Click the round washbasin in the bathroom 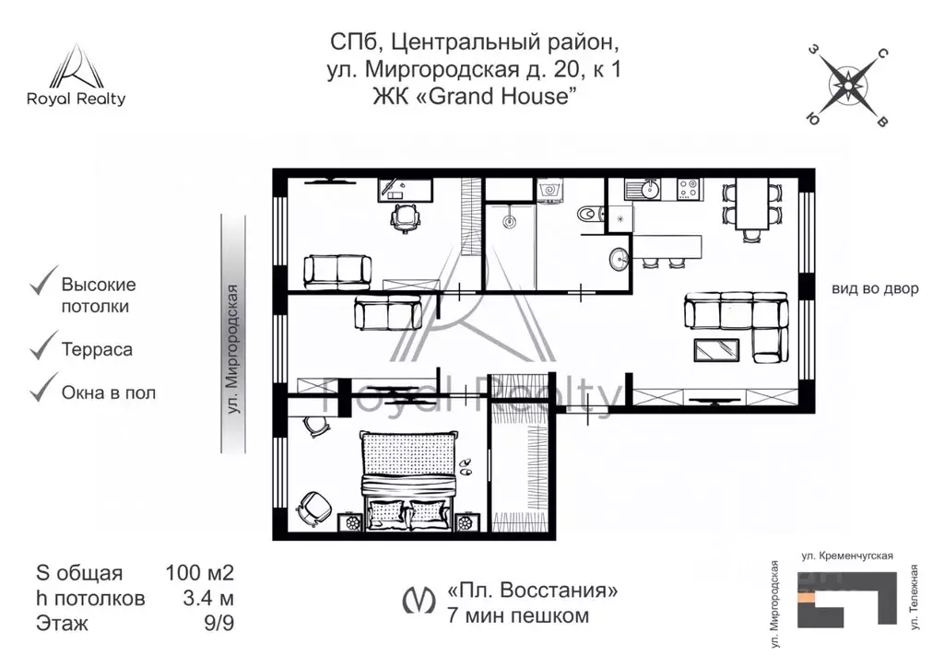pyautogui.click(x=619, y=260)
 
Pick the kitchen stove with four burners pyautogui.click(x=687, y=189)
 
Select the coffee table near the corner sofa pyautogui.click(x=714, y=350)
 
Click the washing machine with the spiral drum pyautogui.click(x=549, y=190)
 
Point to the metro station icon pyautogui.click(x=419, y=601)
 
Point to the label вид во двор pyautogui.click(x=875, y=288)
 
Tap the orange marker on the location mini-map pyautogui.click(x=807, y=598)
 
